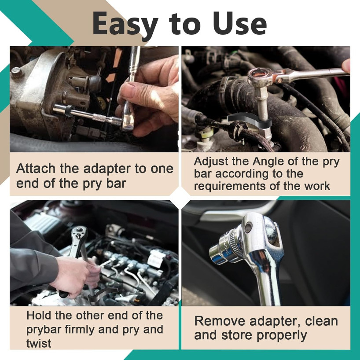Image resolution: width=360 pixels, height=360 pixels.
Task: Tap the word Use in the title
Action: click(240, 24)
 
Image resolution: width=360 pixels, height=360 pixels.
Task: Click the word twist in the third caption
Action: click(39, 343)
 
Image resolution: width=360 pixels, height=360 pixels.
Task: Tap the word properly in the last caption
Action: click(282, 335)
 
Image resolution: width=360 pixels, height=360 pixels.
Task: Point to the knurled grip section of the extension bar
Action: click(99, 117)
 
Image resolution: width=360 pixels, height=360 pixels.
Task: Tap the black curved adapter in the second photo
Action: click(250, 121)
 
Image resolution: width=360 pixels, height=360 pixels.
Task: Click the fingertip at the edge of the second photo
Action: click(346, 66)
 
